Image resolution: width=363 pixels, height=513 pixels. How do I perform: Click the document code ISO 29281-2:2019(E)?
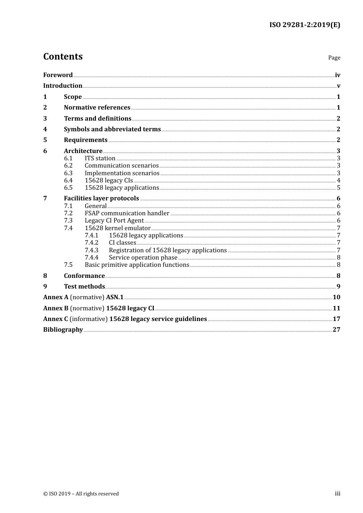(305, 25)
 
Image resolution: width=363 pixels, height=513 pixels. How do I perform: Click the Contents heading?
(63, 56)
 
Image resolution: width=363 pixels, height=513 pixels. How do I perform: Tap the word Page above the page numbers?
(334, 58)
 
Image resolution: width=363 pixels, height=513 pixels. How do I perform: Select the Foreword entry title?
(58, 75)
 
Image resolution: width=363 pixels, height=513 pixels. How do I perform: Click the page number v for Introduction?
(338, 86)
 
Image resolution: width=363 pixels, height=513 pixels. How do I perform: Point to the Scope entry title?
(73, 97)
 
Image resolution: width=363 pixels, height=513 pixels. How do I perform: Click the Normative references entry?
(97, 108)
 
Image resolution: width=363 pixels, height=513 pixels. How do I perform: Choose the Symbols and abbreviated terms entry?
(112, 129)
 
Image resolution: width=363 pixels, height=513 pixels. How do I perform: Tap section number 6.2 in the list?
(68, 166)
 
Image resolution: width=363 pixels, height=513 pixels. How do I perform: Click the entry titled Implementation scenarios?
(122, 173)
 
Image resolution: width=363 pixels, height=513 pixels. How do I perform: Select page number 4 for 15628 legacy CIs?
(339, 181)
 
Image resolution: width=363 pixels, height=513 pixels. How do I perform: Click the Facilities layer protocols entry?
(101, 198)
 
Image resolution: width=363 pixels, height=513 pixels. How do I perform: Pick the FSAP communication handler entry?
(127, 213)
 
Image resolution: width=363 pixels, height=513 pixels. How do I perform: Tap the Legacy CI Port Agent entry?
(114, 221)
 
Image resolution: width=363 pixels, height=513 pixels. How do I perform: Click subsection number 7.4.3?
(92, 250)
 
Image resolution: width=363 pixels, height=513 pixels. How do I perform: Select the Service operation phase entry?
(143, 258)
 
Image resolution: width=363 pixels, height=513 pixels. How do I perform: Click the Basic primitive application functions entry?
(137, 265)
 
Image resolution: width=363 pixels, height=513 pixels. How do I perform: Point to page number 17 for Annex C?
(336, 319)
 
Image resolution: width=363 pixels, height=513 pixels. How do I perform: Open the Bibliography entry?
(63, 330)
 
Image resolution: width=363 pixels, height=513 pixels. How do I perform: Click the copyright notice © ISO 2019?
(81, 494)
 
